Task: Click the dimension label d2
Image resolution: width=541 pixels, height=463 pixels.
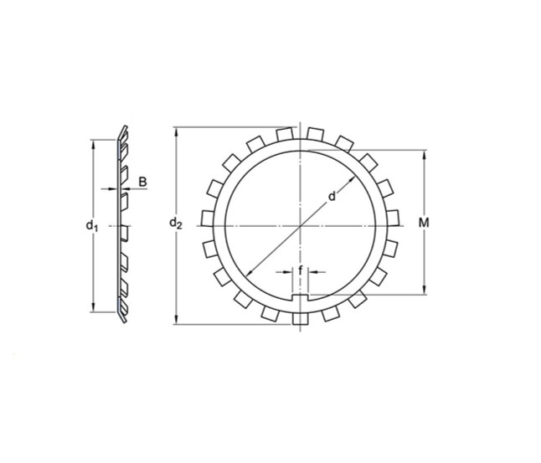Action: coord(174,223)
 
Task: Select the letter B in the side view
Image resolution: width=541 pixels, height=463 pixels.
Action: coord(142,182)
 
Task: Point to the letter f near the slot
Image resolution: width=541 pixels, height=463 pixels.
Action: coord(300,270)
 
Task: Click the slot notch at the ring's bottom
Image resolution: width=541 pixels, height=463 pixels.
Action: coord(301,296)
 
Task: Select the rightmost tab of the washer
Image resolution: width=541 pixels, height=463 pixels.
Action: coord(393,219)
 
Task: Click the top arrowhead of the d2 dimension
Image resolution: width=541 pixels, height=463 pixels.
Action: coord(175,131)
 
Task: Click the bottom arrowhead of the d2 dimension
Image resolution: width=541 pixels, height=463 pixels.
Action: coord(175,320)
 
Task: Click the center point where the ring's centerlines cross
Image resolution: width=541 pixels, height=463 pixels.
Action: coord(301,226)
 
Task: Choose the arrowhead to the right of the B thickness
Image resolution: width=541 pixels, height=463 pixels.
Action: coord(124,189)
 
